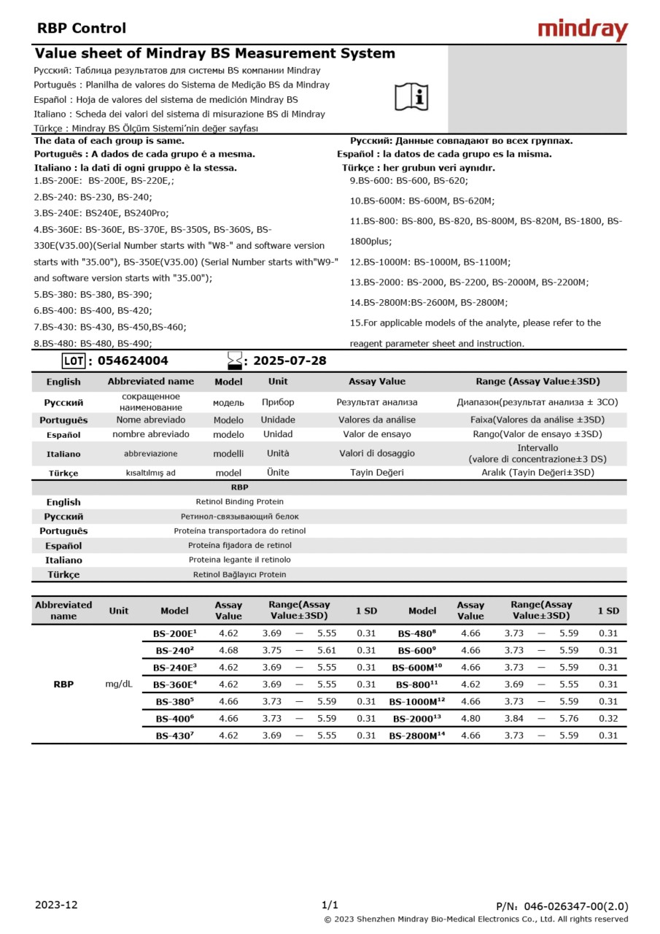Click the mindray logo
click(x=582, y=29)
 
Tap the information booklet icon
click(x=411, y=96)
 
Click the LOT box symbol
click(x=74, y=360)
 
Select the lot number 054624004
click(x=132, y=360)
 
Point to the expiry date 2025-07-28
click(x=290, y=360)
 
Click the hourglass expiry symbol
click(x=234, y=360)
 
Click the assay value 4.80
click(x=470, y=719)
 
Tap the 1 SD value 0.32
click(x=607, y=719)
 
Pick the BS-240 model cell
click(x=174, y=650)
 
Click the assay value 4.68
click(x=228, y=650)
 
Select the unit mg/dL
click(x=119, y=684)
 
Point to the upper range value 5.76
click(x=569, y=719)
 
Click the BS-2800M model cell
click(x=416, y=736)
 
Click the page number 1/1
click(x=330, y=905)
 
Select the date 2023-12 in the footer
click(x=56, y=905)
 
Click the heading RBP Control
click(x=82, y=28)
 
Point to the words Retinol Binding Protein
click(x=239, y=502)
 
